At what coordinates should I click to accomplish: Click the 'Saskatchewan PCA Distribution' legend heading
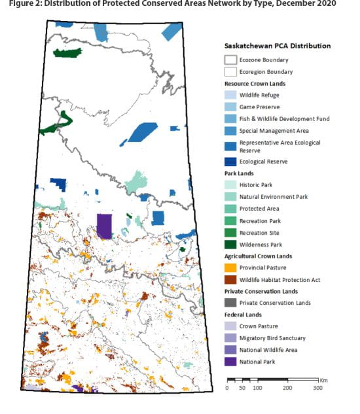point(277,46)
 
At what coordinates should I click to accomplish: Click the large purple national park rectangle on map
point(103,225)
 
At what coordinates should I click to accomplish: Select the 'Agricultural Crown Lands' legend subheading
point(258,256)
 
